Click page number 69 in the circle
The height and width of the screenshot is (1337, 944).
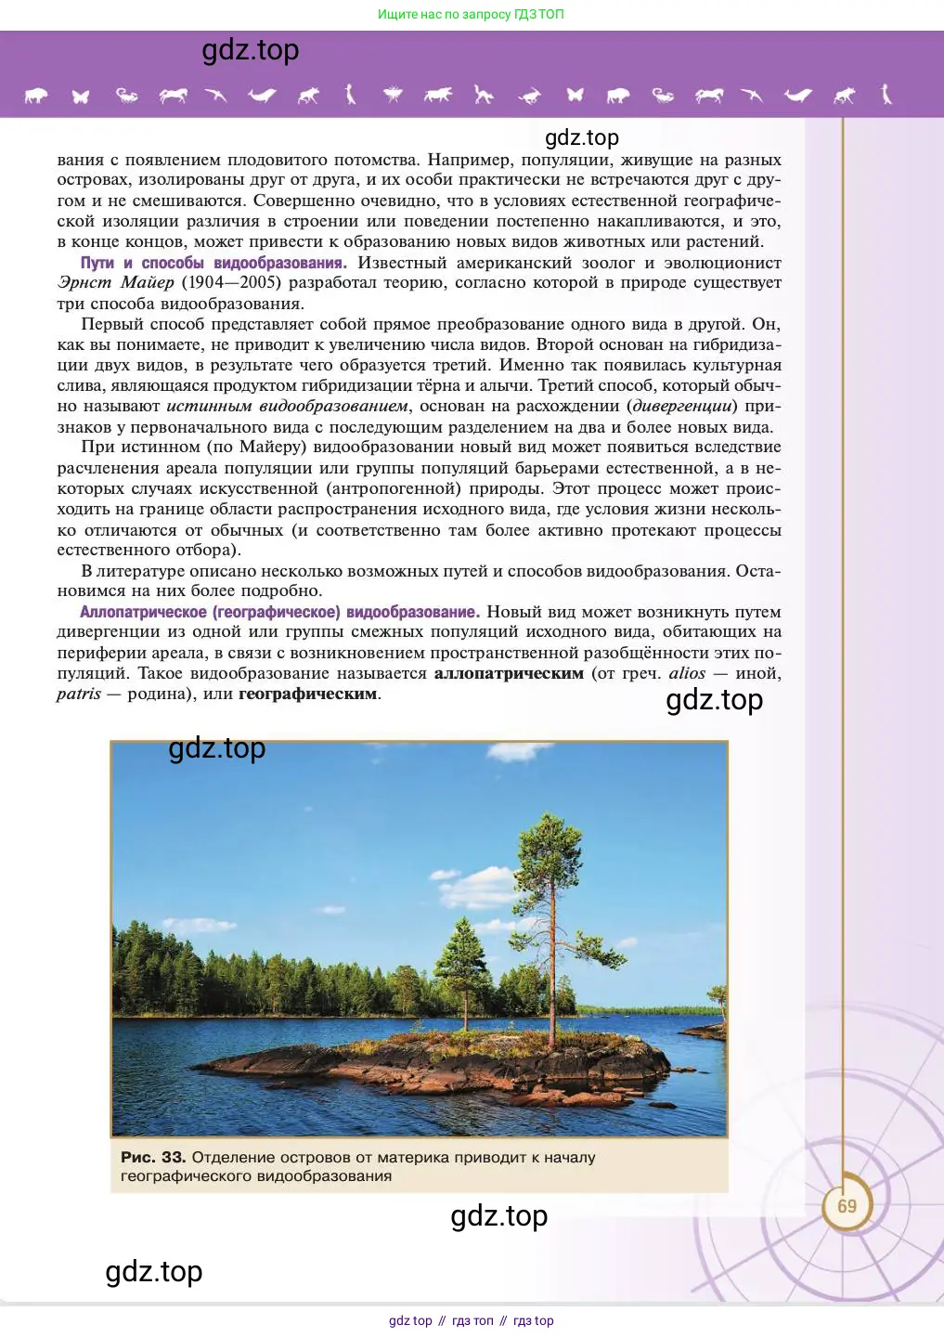tap(847, 1206)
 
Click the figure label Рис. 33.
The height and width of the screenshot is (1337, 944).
tap(153, 1158)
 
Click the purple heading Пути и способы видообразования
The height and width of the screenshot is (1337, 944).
tap(213, 263)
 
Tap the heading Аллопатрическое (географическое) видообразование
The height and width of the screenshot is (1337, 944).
tap(279, 612)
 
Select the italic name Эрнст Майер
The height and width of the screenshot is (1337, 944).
tap(115, 283)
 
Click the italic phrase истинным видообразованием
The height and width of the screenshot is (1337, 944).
tap(287, 407)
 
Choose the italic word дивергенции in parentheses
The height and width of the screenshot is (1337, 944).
tap(683, 407)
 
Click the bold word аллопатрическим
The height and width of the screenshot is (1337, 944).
tap(509, 673)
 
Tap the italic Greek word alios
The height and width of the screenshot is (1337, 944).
tap(687, 673)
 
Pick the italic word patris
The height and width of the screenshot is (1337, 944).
tap(79, 694)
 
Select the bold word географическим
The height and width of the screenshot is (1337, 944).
tap(307, 694)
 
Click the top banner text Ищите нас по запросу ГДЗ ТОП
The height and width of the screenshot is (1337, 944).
tap(471, 14)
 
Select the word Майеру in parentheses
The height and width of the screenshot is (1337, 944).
tap(269, 448)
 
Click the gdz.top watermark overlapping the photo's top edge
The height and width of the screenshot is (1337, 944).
tap(217, 748)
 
